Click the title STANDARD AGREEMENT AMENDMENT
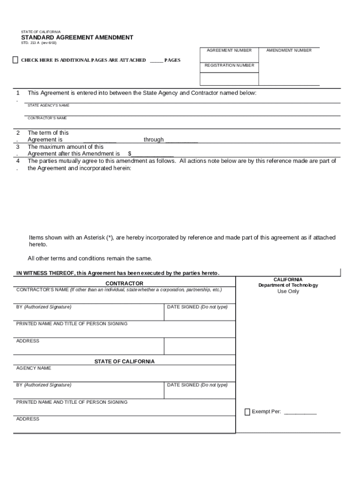pyautogui.click(x=77, y=37)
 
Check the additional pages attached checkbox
pyautogui.click(x=15, y=60)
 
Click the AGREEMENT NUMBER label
pyautogui.click(x=229, y=51)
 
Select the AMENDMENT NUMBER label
pyautogui.click(x=288, y=51)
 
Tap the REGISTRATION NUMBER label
pyautogui.click(x=229, y=65)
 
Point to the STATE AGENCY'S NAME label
pyautogui.click(x=48, y=106)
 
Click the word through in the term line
pyautogui.click(x=153, y=139)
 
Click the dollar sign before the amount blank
pyautogui.click(x=130, y=153)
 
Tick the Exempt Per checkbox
pyautogui.click(x=247, y=412)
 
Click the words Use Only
pyautogui.click(x=288, y=291)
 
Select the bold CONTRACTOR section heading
pyautogui.click(x=124, y=283)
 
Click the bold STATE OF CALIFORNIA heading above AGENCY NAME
pyautogui.click(x=124, y=362)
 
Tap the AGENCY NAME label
pyautogui.click(x=34, y=368)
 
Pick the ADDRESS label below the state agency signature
pyautogui.click(x=28, y=419)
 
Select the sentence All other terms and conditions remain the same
pyautogui.click(x=90, y=258)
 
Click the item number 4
pyautogui.click(x=18, y=160)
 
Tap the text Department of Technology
pyautogui.click(x=288, y=285)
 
